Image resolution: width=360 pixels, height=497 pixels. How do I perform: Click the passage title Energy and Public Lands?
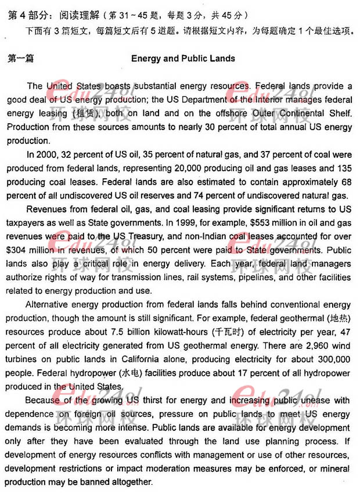coord(183,59)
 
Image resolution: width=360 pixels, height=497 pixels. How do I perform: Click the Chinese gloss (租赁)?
coord(84,113)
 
